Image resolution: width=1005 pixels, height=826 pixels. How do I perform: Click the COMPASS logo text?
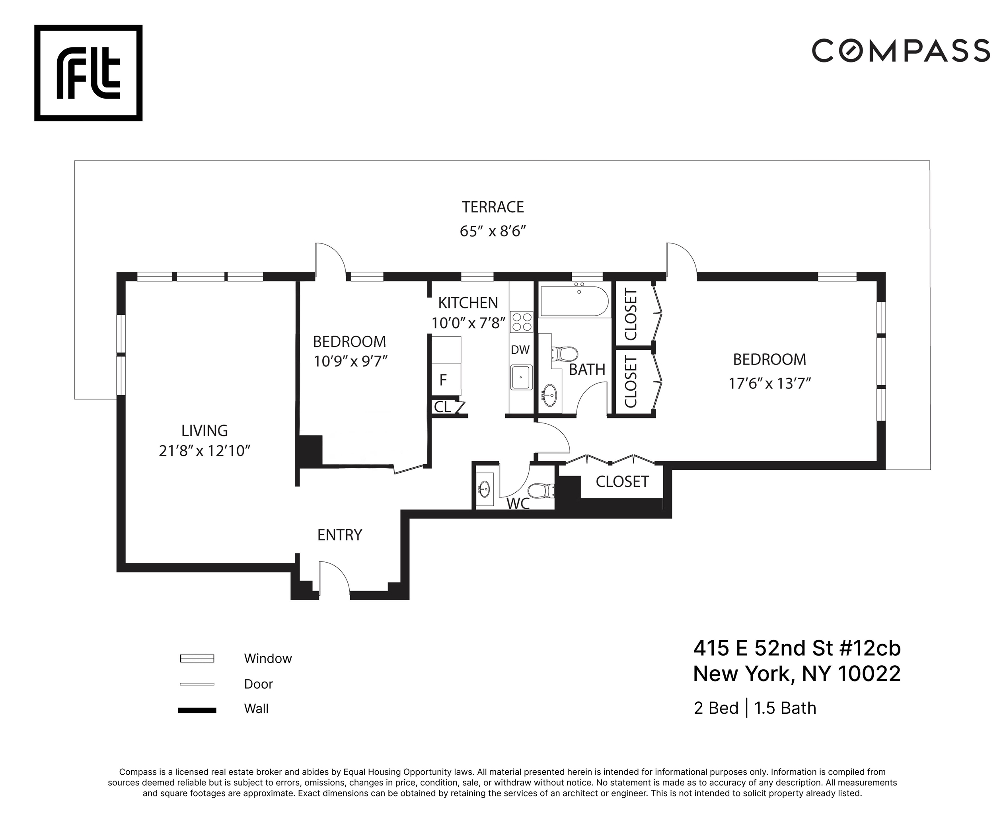[900, 51]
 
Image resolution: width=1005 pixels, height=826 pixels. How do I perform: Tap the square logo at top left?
[88, 73]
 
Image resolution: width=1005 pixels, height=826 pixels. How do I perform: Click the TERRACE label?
[493, 207]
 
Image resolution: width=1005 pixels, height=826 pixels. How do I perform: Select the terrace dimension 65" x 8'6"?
[493, 231]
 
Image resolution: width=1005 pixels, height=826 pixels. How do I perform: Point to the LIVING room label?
[204, 431]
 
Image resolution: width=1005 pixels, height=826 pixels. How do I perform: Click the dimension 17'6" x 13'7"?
[769, 384]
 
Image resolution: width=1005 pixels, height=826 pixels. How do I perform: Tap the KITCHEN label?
[468, 303]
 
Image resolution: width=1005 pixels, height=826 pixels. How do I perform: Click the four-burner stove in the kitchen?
[521, 321]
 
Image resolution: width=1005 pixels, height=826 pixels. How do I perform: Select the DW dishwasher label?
[520, 350]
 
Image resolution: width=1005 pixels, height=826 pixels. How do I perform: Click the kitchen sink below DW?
[521, 377]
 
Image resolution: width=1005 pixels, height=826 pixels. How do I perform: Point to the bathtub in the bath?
[575, 301]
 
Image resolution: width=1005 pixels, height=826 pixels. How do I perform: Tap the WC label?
[518, 503]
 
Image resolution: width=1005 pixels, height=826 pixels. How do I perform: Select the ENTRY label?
[339, 535]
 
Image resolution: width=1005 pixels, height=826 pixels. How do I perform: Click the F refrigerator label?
[443, 380]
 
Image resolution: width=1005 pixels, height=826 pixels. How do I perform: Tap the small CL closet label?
[442, 407]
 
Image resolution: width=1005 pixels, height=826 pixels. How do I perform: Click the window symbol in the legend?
[197, 658]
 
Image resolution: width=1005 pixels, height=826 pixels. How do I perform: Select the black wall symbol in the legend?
[197, 710]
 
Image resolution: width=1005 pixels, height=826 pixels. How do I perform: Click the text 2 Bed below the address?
[716, 708]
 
